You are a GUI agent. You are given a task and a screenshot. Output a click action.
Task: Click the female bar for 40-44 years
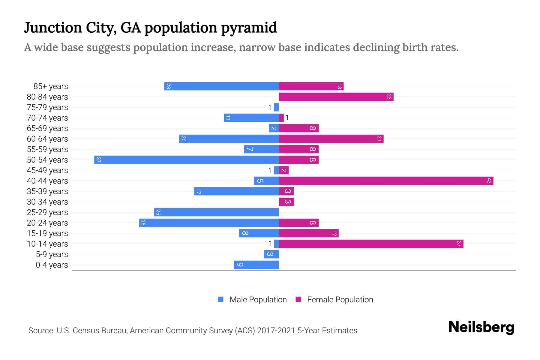[386, 181]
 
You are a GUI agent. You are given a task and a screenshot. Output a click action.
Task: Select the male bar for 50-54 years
[186, 160]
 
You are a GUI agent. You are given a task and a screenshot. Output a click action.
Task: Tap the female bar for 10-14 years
[371, 244]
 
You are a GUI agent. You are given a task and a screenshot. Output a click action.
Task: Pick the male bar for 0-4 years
[256, 265]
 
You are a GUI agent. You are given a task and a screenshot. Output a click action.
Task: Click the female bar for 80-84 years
[336, 97]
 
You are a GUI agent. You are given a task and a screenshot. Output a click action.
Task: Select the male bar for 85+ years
[221, 86]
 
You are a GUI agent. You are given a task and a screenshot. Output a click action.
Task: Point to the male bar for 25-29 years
[216, 212]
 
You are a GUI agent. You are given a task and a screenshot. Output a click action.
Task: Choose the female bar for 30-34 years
[286, 202]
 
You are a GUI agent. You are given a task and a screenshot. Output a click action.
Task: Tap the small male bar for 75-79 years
[276, 107]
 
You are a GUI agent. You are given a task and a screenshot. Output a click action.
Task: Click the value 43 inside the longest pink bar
[489, 181]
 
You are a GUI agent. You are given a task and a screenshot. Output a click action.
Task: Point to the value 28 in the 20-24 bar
[143, 223]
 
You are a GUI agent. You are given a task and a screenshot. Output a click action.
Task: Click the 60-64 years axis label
[47, 139]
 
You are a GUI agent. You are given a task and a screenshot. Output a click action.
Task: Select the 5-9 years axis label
[52, 254]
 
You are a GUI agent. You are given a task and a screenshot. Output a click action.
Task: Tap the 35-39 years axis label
[47, 191]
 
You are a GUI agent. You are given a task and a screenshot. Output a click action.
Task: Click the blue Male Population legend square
[221, 299]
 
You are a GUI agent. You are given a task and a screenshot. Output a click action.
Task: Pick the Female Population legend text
[340, 299]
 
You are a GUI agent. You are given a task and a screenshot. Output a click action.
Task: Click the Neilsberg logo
[481, 327]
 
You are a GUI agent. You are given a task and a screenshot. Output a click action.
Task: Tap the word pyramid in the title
[249, 28]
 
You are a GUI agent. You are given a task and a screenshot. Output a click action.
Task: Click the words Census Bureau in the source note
[100, 331]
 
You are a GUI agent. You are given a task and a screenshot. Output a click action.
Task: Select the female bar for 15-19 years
[309, 233]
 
